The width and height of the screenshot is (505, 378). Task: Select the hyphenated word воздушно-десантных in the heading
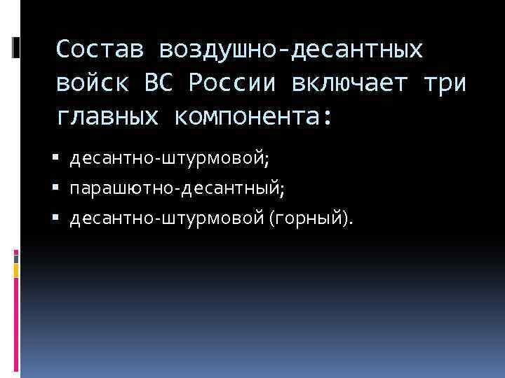point(291,50)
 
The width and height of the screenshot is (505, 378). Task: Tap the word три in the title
point(445,83)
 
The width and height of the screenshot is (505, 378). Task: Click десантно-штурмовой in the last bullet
point(166,220)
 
